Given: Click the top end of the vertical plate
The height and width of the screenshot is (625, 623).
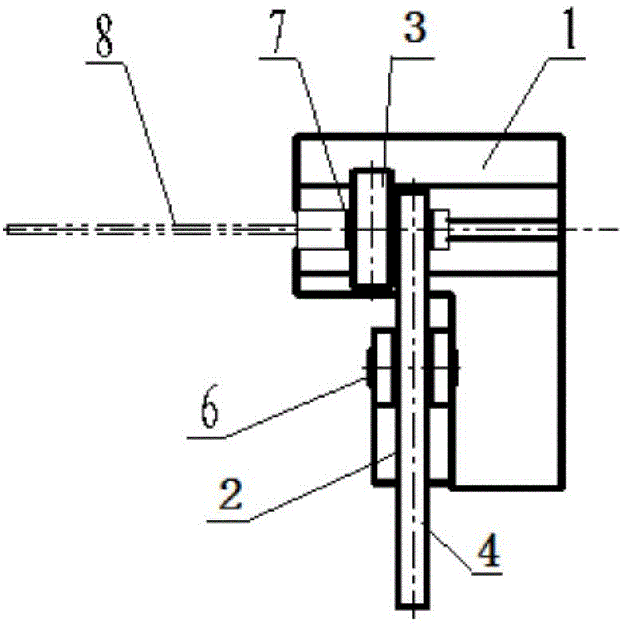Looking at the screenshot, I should click(412, 187).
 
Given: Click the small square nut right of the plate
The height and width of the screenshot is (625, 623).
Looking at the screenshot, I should click(441, 227).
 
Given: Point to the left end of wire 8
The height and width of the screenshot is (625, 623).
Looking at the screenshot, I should click(8, 230).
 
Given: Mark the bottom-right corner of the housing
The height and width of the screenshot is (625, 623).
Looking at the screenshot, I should click(566, 486).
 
